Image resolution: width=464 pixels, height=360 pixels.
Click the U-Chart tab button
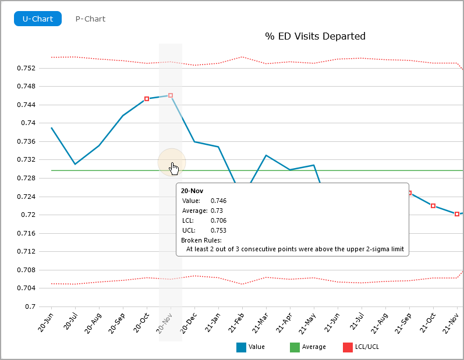point(37,19)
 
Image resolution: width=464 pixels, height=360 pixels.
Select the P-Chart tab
point(90,19)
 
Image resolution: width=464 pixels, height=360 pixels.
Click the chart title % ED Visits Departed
point(315,36)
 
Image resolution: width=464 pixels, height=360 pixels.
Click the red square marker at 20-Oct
point(147,99)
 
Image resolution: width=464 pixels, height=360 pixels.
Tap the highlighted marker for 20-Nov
point(171,95)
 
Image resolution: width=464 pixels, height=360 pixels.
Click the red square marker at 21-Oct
point(433,206)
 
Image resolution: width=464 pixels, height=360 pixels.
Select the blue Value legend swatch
point(241,347)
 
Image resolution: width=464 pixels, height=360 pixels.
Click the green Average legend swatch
point(295,347)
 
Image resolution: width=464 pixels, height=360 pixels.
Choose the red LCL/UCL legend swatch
point(348,347)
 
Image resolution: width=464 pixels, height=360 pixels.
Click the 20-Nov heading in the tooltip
point(192,191)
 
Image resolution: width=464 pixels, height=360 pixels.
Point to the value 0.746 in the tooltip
point(218,200)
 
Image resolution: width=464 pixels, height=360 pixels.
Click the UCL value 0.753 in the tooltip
point(218,230)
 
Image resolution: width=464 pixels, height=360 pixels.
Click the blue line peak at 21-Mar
point(266,155)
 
